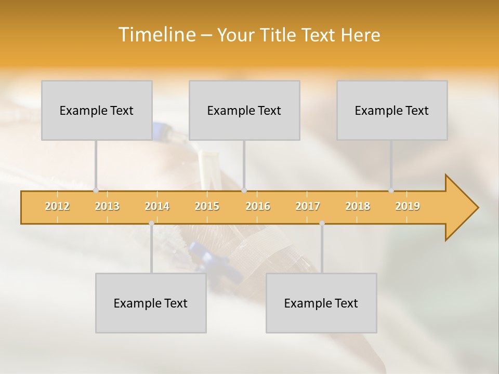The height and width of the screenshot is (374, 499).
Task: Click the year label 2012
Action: pyautogui.click(x=57, y=206)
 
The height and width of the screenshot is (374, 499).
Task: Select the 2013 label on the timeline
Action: pyautogui.click(x=107, y=206)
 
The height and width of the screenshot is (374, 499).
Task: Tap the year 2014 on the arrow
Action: pyautogui.click(x=157, y=206)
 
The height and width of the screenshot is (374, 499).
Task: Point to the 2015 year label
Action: pyautogui.click(x=207, y=206)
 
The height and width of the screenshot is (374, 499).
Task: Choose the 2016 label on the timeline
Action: pyautogui.click(x=258, y=206)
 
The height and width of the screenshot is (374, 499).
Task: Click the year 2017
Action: pyautogui.click(x=308, y=206)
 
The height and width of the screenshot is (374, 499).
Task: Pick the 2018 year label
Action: pyautogui.click(x=358, y=206)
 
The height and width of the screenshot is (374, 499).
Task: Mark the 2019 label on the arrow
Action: pyautogui.click(x=408, y=206)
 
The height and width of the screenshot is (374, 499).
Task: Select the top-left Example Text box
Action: pyautogui.click(x=97, y=111)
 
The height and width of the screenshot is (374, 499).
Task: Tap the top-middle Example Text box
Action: pyautogui.click(x=244, y=111)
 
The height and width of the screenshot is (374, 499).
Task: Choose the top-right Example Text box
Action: pyautogui.click(x=392, y=111)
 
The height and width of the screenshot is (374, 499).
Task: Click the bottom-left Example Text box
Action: pyautogui.click(x=151, y=303)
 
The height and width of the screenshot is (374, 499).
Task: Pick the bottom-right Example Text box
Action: pyautogui.click(x=321, y=303)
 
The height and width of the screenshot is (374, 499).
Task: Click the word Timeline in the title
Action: pyautogui.click(x=156, y=35)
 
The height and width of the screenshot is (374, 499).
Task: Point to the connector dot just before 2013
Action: pyautogui.click(x=96, y=191)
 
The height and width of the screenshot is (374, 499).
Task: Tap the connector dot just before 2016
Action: pyautogui.click(x=244, y=191)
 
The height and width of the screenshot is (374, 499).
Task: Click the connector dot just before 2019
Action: pyautogui.click(x=391, y=191)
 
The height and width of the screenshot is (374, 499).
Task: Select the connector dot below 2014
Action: pyautogui.click(x=151, y=223)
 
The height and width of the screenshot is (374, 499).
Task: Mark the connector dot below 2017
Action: pyautogui.click(x=322, y=223)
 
